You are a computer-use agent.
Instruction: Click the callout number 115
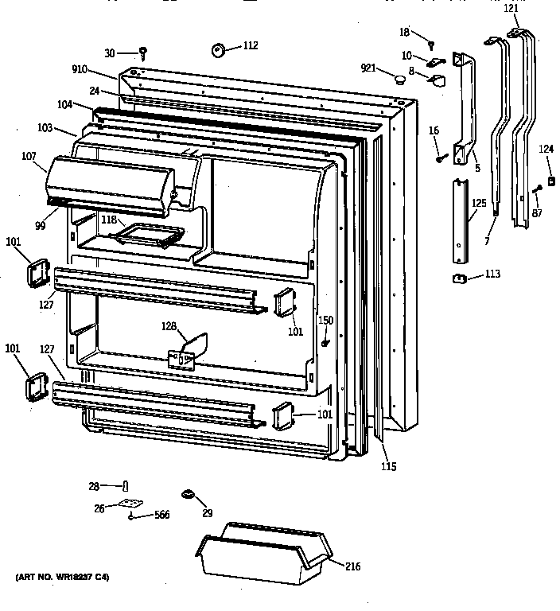(387, 466)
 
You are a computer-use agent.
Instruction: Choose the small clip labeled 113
(459, 277)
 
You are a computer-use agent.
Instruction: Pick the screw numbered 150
(326, 342)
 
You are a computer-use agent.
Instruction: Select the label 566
(161, 516)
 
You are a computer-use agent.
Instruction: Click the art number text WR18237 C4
(62, 575)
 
